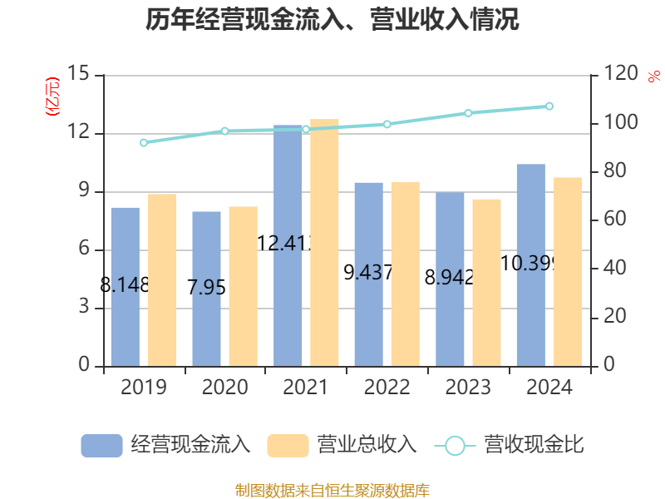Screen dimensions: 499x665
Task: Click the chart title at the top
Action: (332, 20)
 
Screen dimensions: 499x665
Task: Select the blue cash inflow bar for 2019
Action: (125, 286)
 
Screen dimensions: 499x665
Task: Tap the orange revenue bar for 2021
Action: (324, 242)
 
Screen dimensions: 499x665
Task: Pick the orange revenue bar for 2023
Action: (487, 282)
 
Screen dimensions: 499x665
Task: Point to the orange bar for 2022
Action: (406, 274)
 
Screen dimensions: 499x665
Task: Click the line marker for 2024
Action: (549, 106)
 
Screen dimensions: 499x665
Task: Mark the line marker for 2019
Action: (143, 142)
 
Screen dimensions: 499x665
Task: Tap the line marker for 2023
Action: (468, 113)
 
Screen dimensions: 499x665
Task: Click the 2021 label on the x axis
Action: (306, 388)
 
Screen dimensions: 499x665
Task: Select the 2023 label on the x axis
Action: (468, 388)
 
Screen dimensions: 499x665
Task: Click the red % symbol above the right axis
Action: (653, 77)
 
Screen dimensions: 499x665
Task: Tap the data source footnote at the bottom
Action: (332, 490)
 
